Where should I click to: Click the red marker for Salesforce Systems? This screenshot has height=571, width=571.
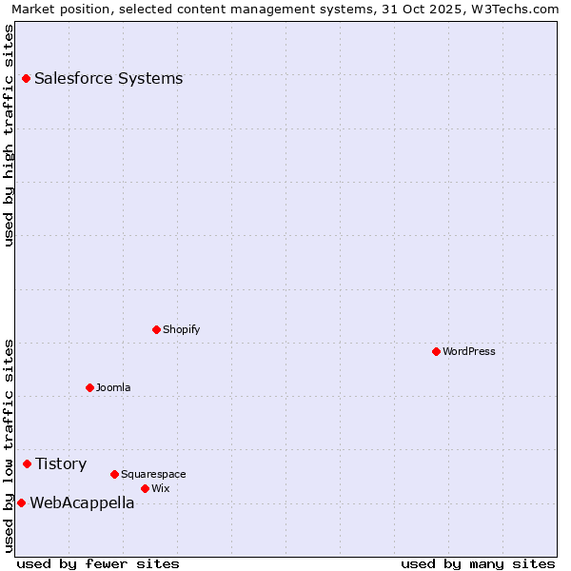26,78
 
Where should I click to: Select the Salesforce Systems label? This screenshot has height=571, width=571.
108,78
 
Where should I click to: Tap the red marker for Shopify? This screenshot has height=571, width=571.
156,329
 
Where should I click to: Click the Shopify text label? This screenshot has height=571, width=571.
181,329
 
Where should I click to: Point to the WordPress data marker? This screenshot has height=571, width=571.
436,351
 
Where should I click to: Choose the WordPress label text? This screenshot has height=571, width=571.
469,351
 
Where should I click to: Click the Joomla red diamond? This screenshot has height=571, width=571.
89,387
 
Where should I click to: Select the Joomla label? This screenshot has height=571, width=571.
113,387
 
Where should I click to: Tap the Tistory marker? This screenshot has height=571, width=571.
27,463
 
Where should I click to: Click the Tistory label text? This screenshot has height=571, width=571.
61,463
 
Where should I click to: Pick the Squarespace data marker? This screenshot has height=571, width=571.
114,474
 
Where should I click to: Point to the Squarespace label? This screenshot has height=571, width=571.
153,474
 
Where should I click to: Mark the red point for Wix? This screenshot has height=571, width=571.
145,488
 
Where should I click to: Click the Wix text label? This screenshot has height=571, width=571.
160,488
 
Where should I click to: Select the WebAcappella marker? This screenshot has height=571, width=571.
21,502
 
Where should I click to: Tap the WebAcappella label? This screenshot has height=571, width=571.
82,502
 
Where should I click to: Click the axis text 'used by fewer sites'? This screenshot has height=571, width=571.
98,563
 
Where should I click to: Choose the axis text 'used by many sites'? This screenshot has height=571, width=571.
478,563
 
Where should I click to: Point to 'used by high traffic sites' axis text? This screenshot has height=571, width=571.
9,135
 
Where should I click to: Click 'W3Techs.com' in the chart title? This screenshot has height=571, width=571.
507,9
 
